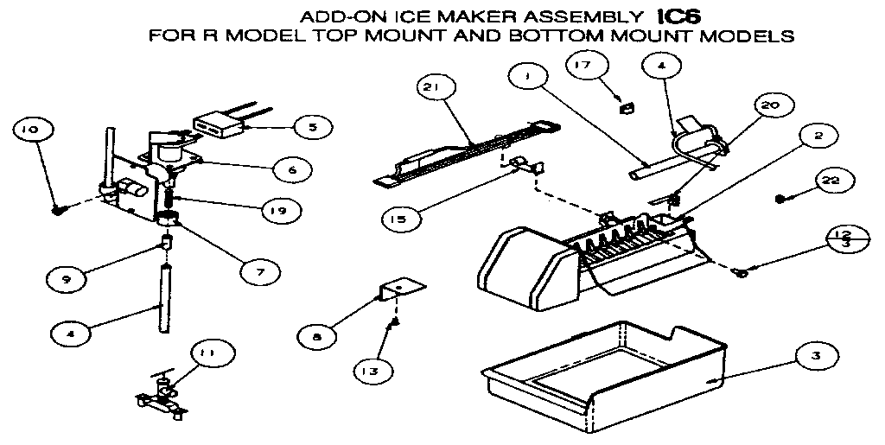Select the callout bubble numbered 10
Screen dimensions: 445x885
click(x=31, y=130)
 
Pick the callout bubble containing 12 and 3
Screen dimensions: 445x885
click(x=844, y=239)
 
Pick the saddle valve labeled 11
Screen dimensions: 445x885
click(x=157, y=397)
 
